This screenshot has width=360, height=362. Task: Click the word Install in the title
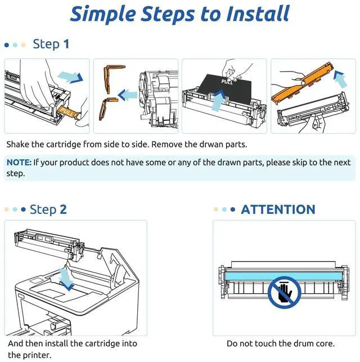click(258, 14)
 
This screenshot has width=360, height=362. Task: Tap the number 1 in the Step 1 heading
click(66, 44)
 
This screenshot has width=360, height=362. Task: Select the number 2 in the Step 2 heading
click(63, 209)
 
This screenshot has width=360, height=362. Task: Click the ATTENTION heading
click(278, 209)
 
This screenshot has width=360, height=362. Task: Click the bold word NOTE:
click(19, 162)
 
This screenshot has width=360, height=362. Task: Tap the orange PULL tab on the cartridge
click(69, 113)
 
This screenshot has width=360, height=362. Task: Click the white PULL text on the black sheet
click(227, 82)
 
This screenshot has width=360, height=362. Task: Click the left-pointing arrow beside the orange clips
click(128, 95)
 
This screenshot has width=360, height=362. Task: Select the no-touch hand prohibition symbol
click(285, 292)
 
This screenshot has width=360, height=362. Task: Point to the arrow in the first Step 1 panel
click(70, 77)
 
